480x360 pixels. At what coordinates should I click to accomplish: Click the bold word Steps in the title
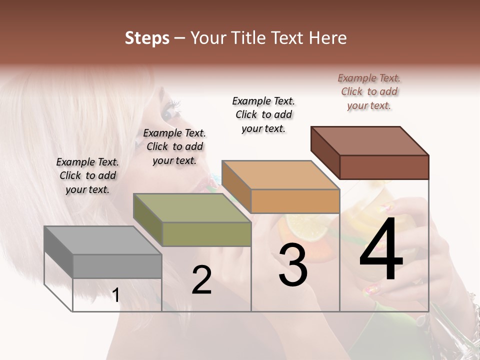click(x=147, y=38)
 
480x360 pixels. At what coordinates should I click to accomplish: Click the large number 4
click(x=381, y=249)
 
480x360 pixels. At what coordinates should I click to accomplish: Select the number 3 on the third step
click(x=292, y=265)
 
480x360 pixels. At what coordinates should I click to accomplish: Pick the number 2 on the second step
click(x=201, y=280)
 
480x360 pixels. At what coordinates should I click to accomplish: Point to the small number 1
click(x=115, y=295)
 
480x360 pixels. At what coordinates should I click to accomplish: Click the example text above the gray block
click(x=87, y=175)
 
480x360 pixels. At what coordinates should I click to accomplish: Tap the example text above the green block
click(x=174, y=146)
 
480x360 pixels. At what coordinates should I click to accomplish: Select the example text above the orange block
click(x=263, y=114)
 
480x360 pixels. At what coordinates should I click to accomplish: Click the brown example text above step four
click(x=369, y=91)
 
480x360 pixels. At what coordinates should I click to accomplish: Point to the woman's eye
click(x=169, y=112)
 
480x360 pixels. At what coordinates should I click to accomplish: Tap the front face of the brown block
click(x=384, y=167)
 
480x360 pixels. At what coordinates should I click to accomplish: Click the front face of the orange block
click(x=295, y=201)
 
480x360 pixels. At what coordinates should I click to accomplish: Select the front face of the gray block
click(x=117, y=266)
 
